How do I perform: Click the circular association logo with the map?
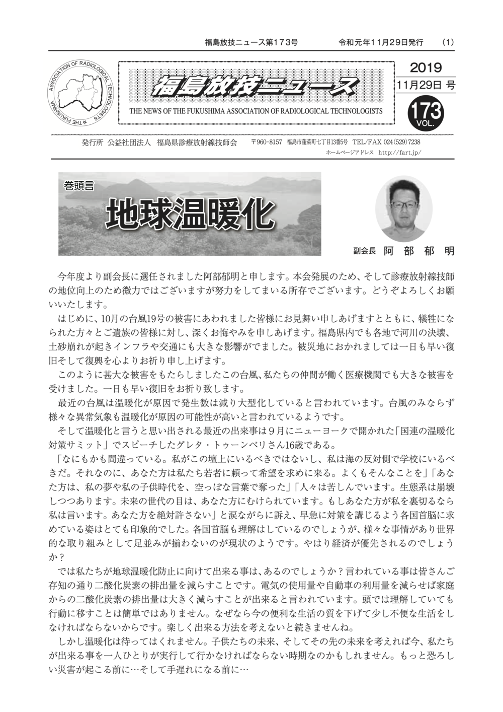pyautogui.click(x=81, y=93)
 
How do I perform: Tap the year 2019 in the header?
pyautogui.click(x=426, y=67)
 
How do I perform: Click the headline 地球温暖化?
pyautogui.click(x=190, y=215)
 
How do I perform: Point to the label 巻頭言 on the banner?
pyautogui.click(x=79, y=185)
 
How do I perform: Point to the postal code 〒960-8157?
pyautogui.click(x=267, y=143)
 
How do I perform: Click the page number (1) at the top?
pyautogui.click(x=448, y=42)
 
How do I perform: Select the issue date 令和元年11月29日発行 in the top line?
pyautogui.click(x=381, y=42)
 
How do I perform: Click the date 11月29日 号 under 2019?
pyautogui.click(x=426, y=85)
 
